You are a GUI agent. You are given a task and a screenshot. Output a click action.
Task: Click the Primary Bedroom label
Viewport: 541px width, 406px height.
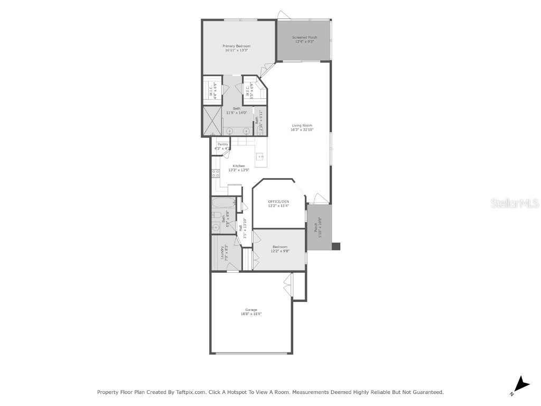pyautogui.click(x=236, y=47)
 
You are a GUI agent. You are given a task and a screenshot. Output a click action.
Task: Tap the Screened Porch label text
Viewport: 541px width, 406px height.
pyautogui.click(x=304, y=38)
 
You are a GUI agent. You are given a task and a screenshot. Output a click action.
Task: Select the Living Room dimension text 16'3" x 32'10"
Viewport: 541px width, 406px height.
pyautogui.click(x=301, y=130)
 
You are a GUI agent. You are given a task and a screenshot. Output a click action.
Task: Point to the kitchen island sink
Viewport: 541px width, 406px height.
pyautogui.click(x=260, y=156)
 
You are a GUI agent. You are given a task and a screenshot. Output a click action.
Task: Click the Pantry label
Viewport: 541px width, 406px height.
pyautogui.click(x=222, y=144)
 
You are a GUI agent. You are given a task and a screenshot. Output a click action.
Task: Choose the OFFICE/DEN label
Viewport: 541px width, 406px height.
pyautogui.click(x=278, y=202)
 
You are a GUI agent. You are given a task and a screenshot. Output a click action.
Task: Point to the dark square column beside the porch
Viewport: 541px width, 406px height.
pyautogui.click(x=336, y=246)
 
